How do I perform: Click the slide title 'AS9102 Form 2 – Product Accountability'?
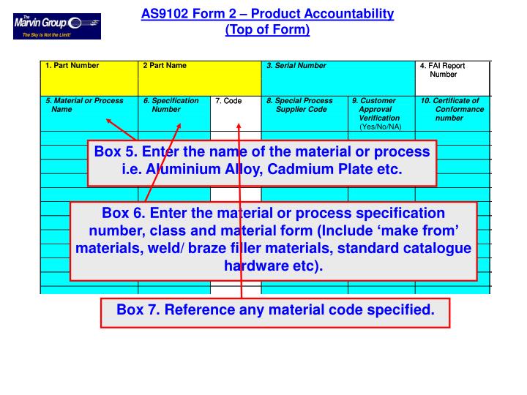pyautogui.click(x=268, y=14)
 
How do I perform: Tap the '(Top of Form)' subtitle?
pyautogui.click(x=268, y=29)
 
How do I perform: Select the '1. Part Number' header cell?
pyautogui.click(x=72, y=66)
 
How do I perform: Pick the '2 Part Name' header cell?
pyautogui.click(x=165, y=66)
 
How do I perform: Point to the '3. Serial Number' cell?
pyautogui.click(x=296, y=66)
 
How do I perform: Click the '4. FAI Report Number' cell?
pyautogui.click(x=443, y=70)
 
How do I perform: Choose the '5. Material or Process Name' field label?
pyautogui.click(x=84, y=105)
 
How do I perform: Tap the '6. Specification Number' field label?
pyautogui.click(x=171, y=105)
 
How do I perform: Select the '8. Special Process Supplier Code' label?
pyautogui.click(x=301, y=105)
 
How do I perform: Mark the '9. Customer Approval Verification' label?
pyautogui.click(x=376, y=109)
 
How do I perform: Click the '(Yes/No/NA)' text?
pyautogui.click(x=381, y=127)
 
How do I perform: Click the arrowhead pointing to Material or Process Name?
pyautogui.click(x=108, y=122)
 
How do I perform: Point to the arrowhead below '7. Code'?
pyautogui.click(x=239, y=125)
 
